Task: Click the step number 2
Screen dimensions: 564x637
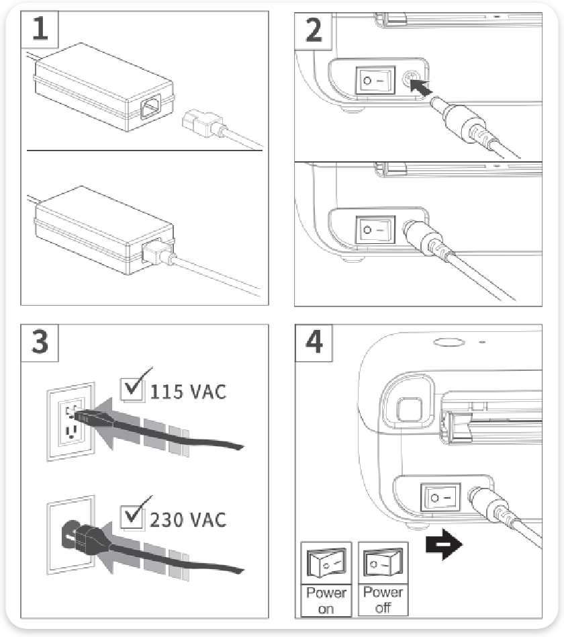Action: (x=314, y=30)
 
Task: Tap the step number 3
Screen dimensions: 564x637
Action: (x=40, y=342)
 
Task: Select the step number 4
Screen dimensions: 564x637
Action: (x=314, y=342)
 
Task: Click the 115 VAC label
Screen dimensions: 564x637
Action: (x=188, y=392)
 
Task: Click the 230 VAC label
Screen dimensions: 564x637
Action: (x=188, y=520)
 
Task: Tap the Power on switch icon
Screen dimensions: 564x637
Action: (x=326, y=563)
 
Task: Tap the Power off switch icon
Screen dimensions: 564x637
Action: (x=383, y=562)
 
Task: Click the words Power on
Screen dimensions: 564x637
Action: (x=326, y=601)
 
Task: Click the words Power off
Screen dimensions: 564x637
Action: (x=383, y=600)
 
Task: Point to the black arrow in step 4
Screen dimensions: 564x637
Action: (x=444, y=544)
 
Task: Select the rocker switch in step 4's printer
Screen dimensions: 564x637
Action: (x=440, y=497)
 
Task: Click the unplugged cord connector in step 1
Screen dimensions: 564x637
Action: (x=203, y=123)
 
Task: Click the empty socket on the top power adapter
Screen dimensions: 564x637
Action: (x=151, y=106)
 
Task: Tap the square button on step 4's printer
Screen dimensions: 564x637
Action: (x=410, y=409)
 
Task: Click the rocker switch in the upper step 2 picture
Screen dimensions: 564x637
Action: (x=375, y=81)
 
